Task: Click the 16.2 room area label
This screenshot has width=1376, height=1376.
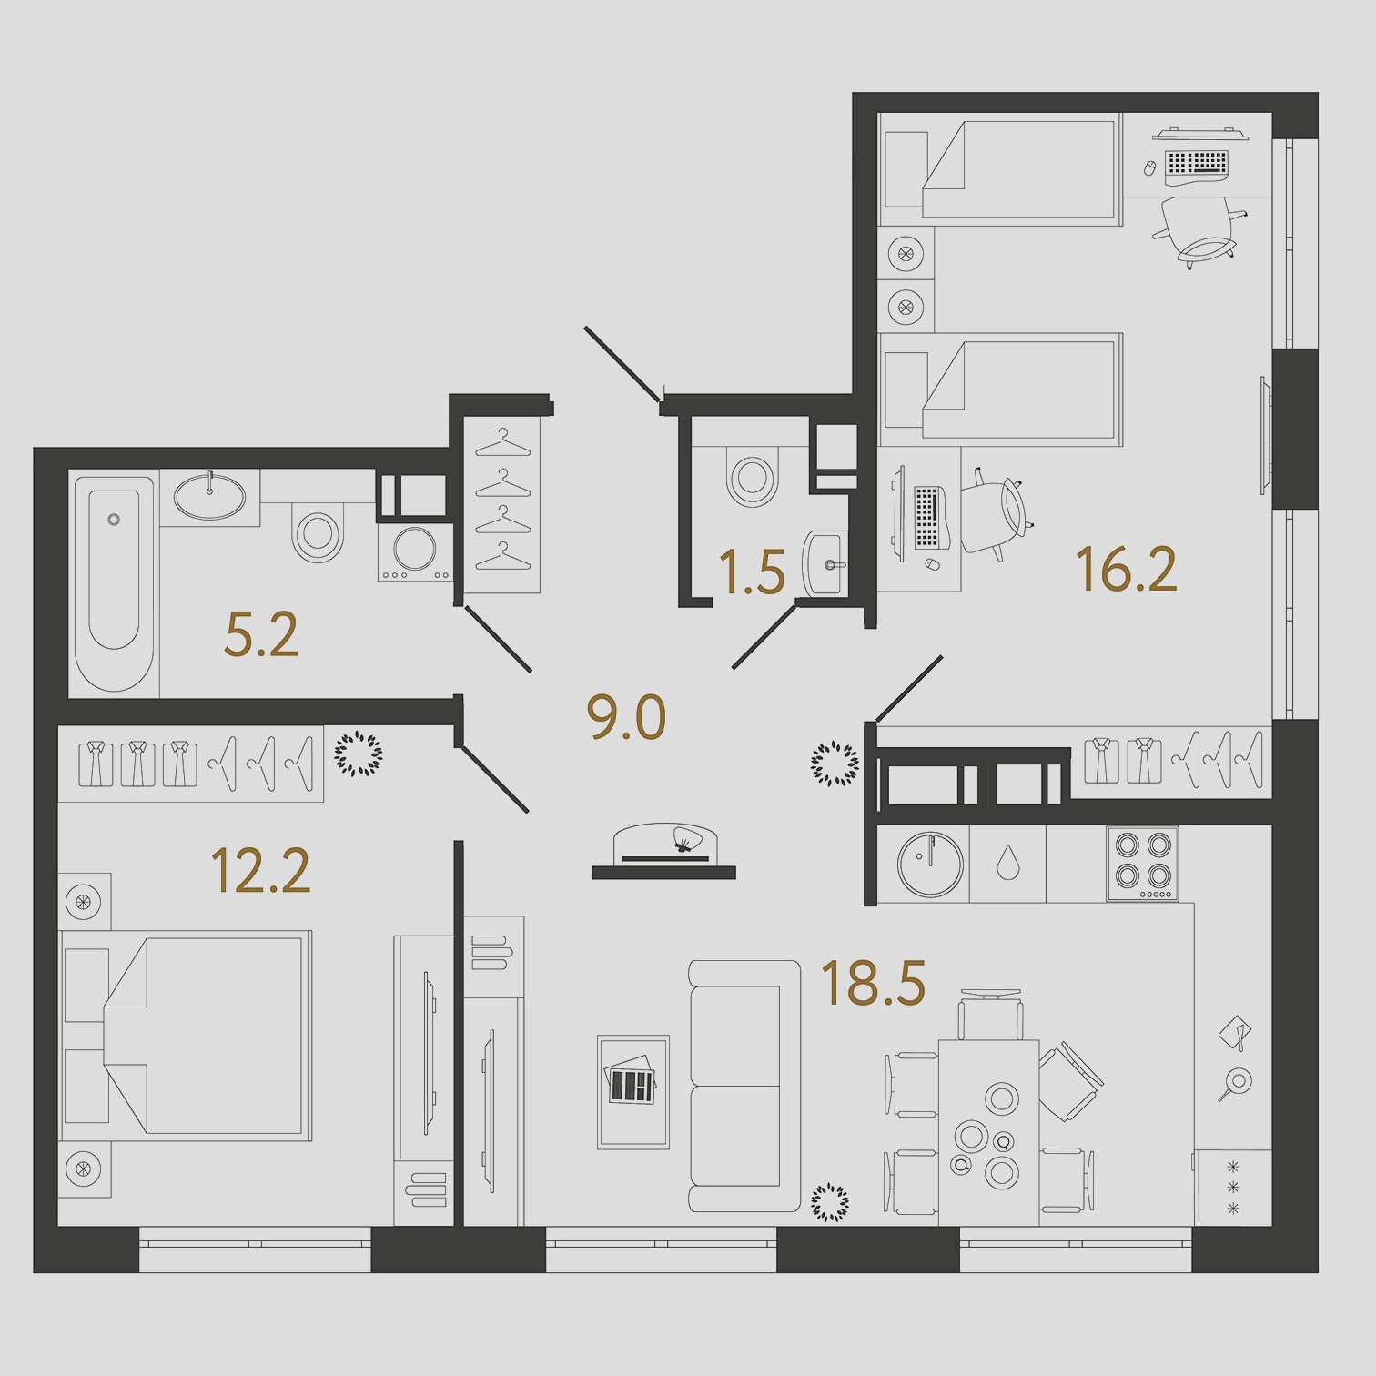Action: click(1127, 570)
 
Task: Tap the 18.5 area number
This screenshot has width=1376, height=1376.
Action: click(874, 983)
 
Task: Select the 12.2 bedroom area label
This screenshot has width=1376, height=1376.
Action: click(260, 870)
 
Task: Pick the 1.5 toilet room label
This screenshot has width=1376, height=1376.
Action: click(752, 572)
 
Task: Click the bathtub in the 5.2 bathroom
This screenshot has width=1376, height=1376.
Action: click(114, 582)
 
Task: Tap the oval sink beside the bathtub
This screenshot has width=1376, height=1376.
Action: click(209, 497)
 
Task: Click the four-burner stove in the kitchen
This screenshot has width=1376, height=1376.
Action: click(1142, 863)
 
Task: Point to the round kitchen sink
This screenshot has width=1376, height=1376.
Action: click(930, 864)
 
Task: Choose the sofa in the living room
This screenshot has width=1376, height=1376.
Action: click(744, 1086)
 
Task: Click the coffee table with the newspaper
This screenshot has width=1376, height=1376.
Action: click(633, 1091)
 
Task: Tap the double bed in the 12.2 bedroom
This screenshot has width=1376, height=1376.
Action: click(186, 1036)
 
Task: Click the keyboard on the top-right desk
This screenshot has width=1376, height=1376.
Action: click(1197, 163)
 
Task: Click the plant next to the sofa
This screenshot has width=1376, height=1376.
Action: click(829, 1202)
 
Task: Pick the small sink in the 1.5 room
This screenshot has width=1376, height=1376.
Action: click(825, 563)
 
